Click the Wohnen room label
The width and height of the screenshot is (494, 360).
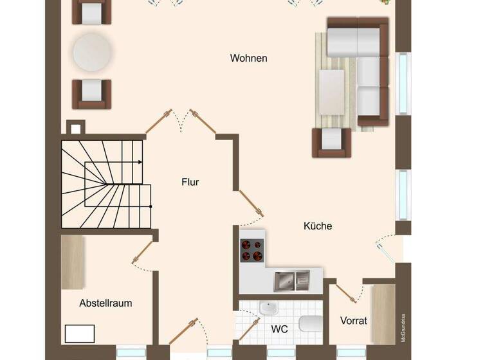tap(248, 59)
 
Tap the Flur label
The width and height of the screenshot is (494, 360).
tap(190, 183)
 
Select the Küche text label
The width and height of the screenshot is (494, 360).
tap(318, 226)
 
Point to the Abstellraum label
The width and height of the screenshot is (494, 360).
tap(105, 303)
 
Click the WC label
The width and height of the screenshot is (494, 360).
tap(279, 329)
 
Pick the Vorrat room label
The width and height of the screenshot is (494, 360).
tap(354, 320)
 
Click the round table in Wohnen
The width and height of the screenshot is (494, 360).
tap(92, 51)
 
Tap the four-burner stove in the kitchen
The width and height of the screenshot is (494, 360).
tap(252, 250)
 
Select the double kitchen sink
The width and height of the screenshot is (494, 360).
tap(291, 280)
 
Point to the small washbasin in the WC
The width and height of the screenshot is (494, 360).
tap(267, 308)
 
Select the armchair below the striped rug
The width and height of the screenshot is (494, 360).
tap(332, 142)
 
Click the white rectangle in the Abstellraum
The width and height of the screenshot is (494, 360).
tap(80, 334)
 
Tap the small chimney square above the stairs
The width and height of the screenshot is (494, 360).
tap(76, 127)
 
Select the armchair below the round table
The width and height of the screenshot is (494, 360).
tap(91, 93)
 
